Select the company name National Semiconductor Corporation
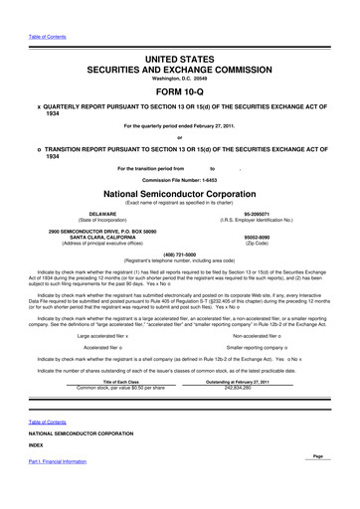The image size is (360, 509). coord(179,195)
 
